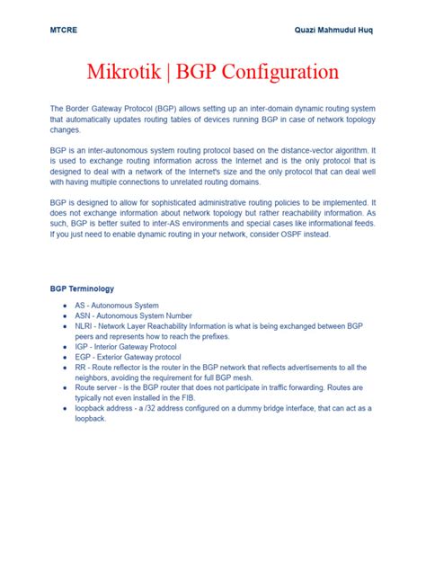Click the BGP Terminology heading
point(82,288)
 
